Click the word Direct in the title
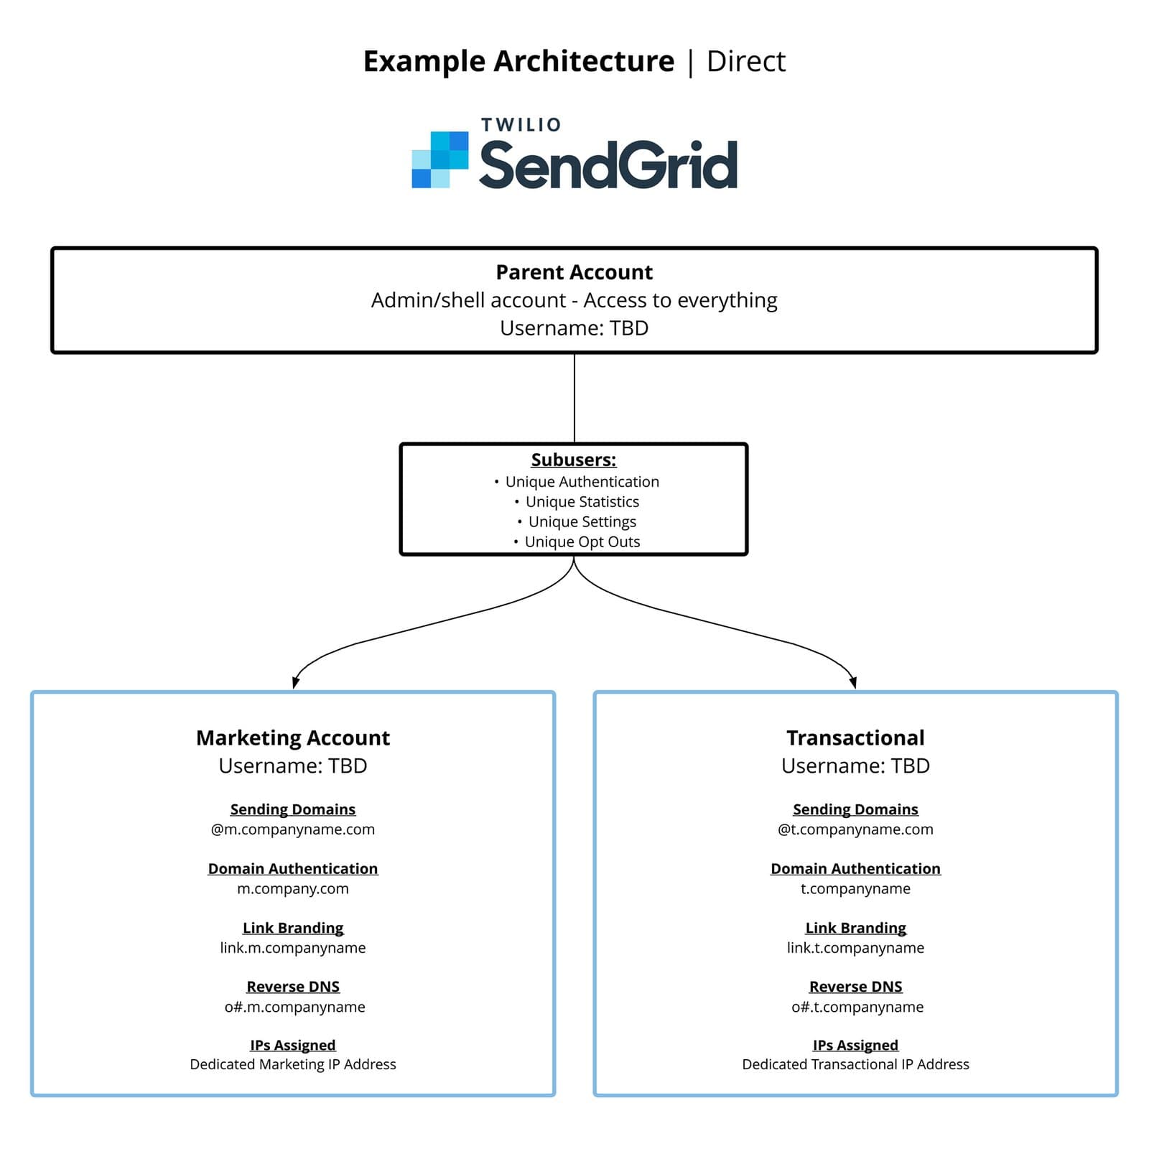tap(745, 62)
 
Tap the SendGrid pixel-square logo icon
tap(439, 159)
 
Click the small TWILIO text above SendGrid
tap(521, 125)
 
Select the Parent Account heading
tap(574, 272)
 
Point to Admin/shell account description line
tap(574, 300)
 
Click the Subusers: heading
tap(574, 460)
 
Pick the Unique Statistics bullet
tap(582, 502)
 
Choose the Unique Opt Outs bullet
tap(582, 542)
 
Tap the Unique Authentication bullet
tap(582, 482)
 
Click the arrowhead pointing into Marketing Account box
tap(295, 682)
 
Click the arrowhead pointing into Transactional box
tap(853, 682)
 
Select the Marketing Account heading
tap(292, 738)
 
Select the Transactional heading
tap(855, 738)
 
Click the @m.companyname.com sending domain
tap(292, 829)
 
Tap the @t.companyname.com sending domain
tap(855, 829)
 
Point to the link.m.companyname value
tap(292, 948)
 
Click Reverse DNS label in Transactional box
tap(855, 987)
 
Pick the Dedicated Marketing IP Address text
tap(292, 1064)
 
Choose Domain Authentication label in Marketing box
tap(292, 869)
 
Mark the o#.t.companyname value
tap(857, 1007)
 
